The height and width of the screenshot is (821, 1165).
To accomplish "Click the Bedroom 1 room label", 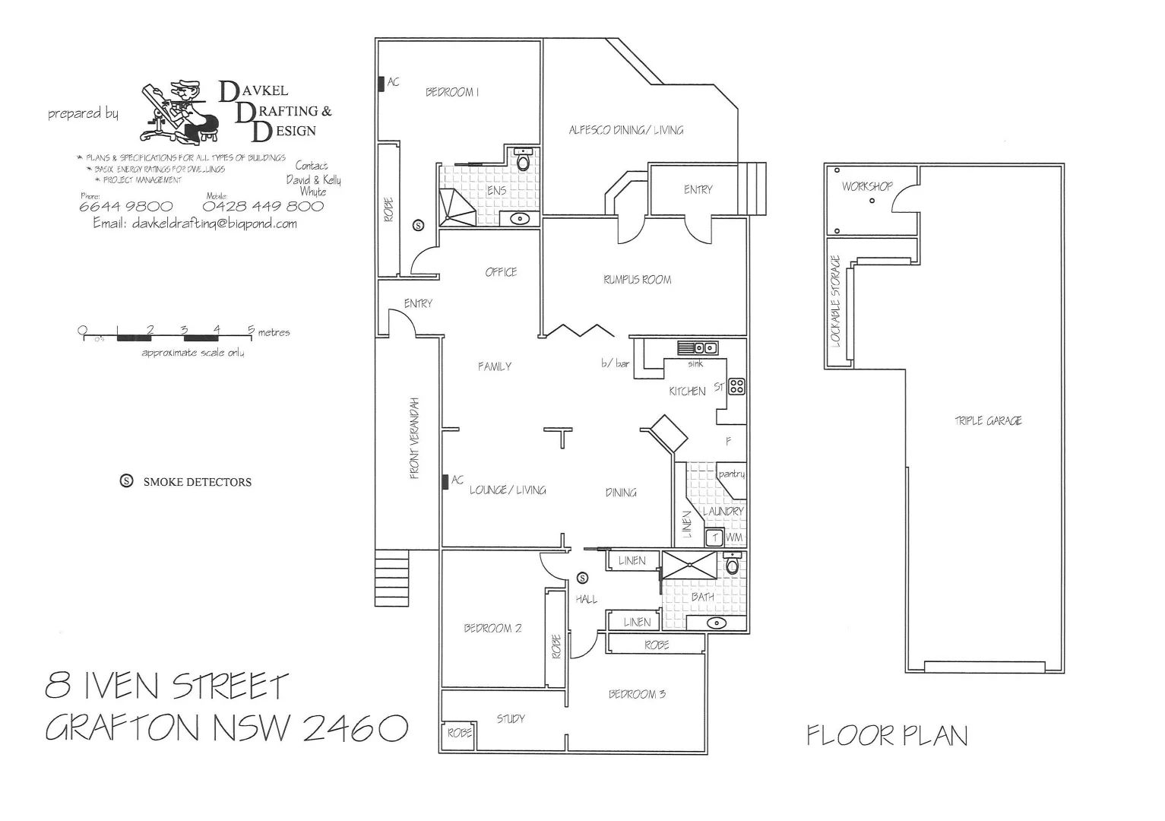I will [x=451, y=92].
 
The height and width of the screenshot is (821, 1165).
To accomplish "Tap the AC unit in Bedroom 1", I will [x=381, y=84].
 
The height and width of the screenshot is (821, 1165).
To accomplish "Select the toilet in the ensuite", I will [x=523, y=160].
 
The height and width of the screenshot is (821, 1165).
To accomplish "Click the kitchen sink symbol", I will [x=698, y=348].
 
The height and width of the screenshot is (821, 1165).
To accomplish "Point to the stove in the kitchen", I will [x=736, y=386].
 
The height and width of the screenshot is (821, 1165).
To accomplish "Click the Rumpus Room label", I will [x=637, y=280].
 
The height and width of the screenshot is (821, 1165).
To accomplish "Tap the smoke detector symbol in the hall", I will [x=583, y=577].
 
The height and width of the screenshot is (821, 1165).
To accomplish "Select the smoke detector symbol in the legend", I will [x=127, y=481].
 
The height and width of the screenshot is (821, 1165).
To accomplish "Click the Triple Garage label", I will [x=988, y=420].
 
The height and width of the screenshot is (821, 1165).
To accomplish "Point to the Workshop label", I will [x=866, y=186].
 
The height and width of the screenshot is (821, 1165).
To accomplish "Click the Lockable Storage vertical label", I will [x=836, y=301].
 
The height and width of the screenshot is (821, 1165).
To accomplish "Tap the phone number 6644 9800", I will [x=125, y=207].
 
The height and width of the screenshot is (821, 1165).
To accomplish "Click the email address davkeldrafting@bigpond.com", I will [x=195, y=223].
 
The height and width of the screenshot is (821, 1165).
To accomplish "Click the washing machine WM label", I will [x=734, y=537].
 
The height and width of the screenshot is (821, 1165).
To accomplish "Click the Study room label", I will [x=511, y=718].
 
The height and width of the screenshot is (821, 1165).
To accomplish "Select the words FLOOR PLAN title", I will [x=887, y=735].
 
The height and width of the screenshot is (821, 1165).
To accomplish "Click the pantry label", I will [x=731, y=474].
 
